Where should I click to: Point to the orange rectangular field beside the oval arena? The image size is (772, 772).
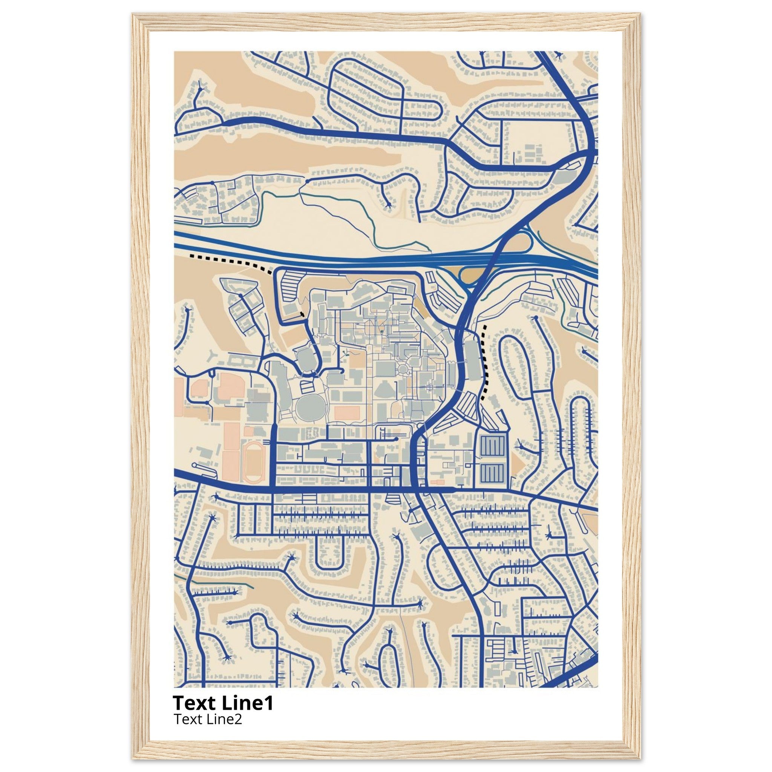click(x=347, y=413)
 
